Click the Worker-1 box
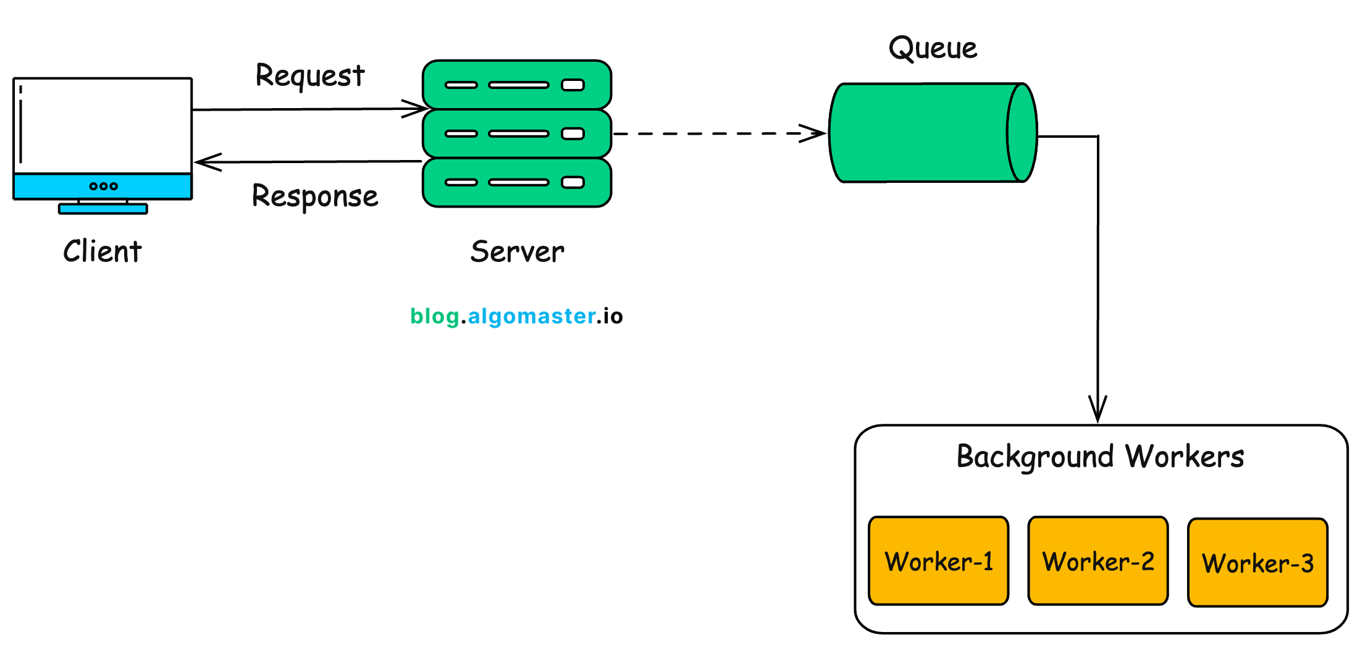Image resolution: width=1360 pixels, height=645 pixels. click(938, 560)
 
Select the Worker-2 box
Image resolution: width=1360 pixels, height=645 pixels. click(1098, 560)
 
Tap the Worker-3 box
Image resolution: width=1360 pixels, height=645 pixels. click(1257, 562)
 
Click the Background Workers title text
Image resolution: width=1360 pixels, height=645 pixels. click(1100, 457)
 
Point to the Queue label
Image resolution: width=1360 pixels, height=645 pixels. click(933, 48)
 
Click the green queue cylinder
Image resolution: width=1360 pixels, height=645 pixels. click(920, 133)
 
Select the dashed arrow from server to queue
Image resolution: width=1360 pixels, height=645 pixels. click(716, 133)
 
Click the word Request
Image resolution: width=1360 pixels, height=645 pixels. click(310, 76)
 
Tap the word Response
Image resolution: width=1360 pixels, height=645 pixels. click(315, 196)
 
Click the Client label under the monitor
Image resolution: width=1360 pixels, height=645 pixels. click(103, 251)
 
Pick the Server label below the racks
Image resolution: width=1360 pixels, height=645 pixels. click(517, 251)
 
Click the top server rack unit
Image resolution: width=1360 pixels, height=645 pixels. click(516, 85)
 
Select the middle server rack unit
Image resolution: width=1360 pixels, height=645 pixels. click(516, 133)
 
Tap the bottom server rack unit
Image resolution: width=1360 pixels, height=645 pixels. click(516, 182)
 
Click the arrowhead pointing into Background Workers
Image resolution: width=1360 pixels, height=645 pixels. click(1098, 410)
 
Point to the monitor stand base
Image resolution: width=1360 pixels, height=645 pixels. click(103, 209)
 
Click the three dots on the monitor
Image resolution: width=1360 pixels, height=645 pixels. click(103, 186)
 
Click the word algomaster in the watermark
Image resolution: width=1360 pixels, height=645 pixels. click(531, 316)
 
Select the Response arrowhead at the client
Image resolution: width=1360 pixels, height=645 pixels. click(205, 162)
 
